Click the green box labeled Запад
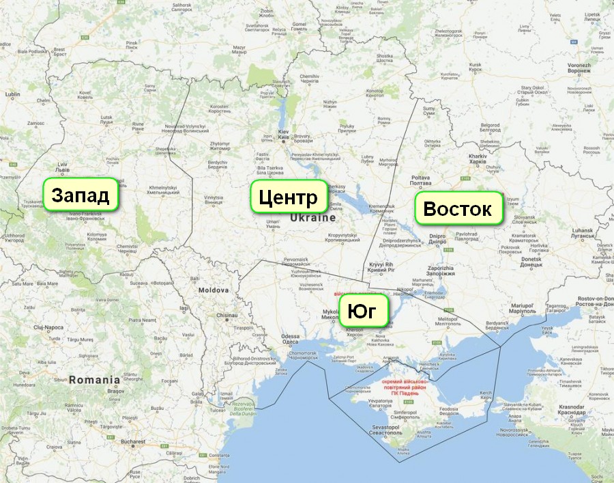click(81, 196)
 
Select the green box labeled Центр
click(288, 198)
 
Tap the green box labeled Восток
click(458, 209)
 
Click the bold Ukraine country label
click(313, 218)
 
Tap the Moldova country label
click(214, 290)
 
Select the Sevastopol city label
click(405, 430)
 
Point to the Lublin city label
click(12, 94)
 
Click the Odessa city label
click(290, 337)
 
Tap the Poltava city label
click(420, 180)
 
